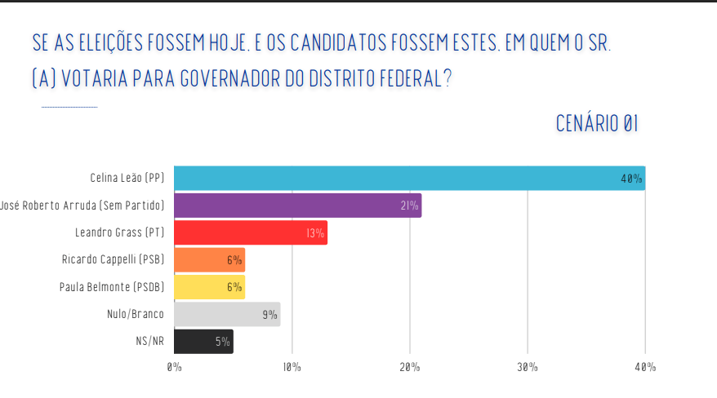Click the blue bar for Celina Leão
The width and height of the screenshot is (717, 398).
pos(408,178)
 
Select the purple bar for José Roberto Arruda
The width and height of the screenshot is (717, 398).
pos(297,206)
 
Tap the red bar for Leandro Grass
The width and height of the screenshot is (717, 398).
pos(250,232)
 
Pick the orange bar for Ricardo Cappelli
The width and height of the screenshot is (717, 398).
pos(209,260)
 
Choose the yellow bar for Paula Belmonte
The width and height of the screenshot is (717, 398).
pos(209,287)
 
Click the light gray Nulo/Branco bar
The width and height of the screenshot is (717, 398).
pos(226,314)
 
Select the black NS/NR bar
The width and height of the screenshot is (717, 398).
pos(203,342)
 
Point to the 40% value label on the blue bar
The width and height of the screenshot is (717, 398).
pos(631,179)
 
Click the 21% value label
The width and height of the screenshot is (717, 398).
pos(409,206)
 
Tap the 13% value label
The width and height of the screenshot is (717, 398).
pos(315,233)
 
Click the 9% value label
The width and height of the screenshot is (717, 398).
pos(269,315)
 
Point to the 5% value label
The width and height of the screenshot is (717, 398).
pos(222,342)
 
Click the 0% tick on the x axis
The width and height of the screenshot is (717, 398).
pos(174,368)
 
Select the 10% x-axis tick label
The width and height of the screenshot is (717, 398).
pos(292,368)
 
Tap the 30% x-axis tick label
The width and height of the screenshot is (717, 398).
pos(528,368)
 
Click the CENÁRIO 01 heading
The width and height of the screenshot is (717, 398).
pos(596,124)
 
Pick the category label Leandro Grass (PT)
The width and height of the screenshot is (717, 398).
pos(119,232)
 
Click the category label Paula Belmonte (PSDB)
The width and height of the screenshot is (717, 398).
pos(112,287)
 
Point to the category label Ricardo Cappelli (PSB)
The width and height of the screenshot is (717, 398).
pos(113,260)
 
